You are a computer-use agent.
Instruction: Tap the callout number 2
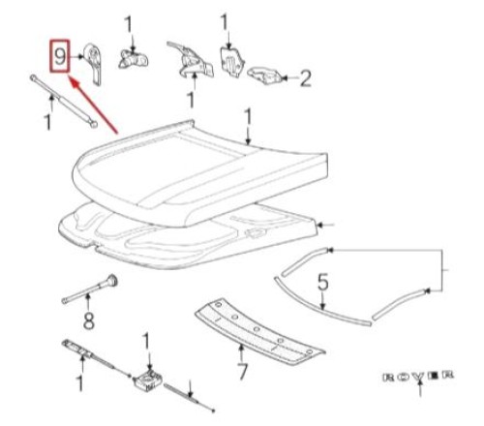click(x=305, y=76)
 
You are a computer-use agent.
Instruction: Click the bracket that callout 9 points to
click(x=95, y=60)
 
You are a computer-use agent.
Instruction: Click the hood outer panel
click(x=203, y=165)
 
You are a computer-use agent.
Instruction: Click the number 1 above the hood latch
click(x=145, y=341)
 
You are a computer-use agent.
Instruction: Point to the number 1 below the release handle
click(x=79, y=384)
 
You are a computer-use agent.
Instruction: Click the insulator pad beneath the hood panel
click(x=194, y=237)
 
